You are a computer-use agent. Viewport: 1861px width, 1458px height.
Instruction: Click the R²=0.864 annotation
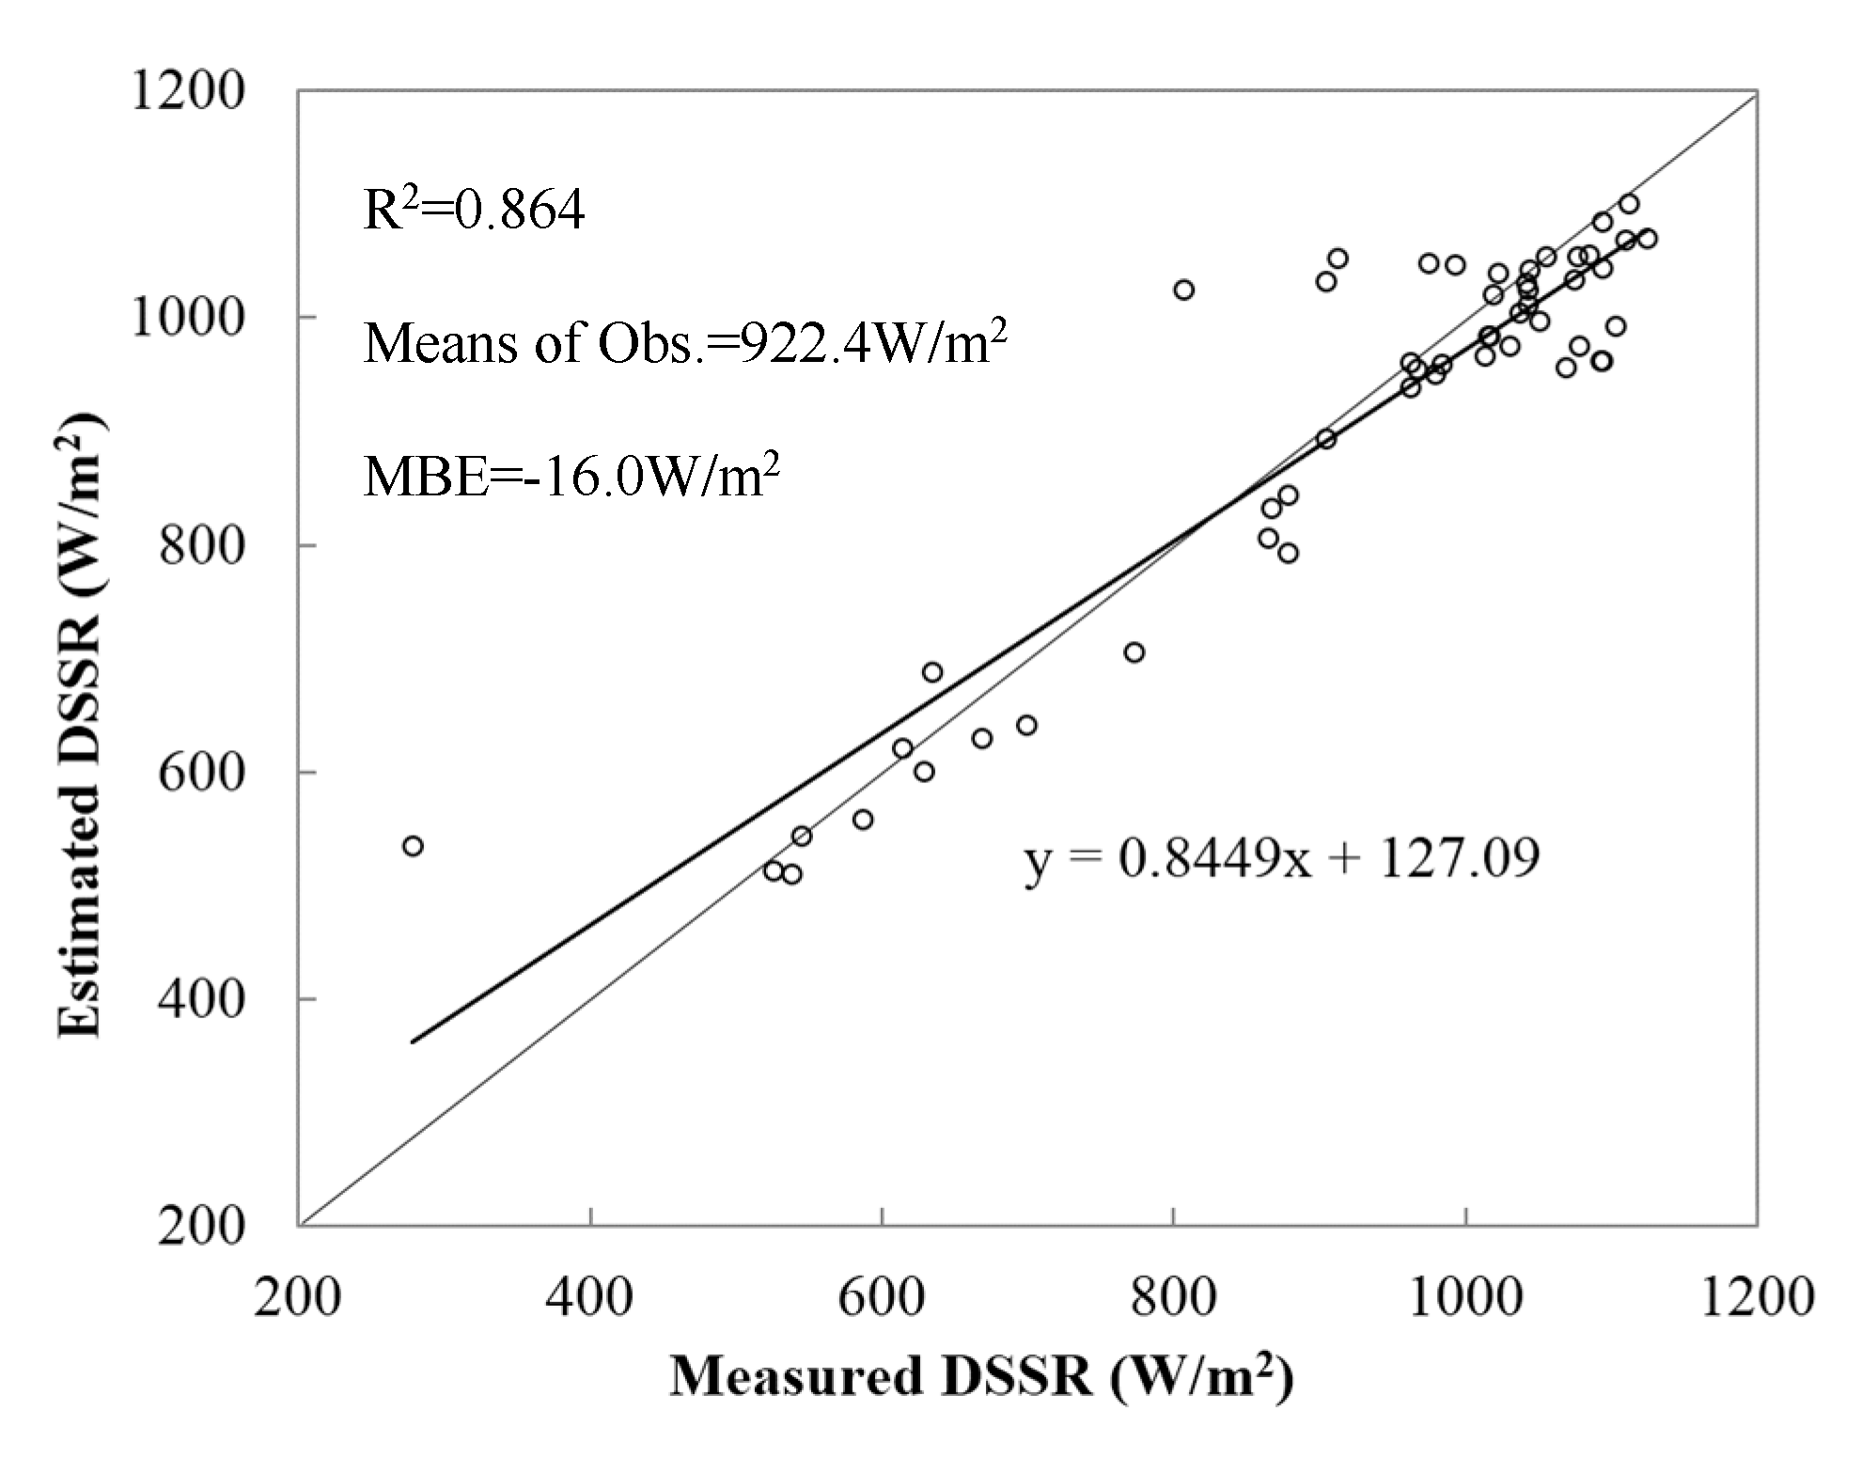[x=474, y=210]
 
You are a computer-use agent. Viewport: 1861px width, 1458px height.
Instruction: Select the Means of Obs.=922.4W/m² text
[x=685, y=342]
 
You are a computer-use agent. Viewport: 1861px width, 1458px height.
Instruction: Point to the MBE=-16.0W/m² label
[x=571, y=476]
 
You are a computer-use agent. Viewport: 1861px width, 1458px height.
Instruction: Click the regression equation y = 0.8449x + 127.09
[x=1281, y=858]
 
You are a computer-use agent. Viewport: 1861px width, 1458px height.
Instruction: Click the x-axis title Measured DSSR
[x=981, y=1376]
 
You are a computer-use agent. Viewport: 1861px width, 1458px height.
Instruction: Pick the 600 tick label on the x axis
[x=882, y=1298]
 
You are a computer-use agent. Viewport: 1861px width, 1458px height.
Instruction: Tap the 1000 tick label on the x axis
[x=1465, y=1298]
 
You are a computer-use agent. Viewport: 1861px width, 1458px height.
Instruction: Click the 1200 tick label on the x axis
[x=1757, y=1298]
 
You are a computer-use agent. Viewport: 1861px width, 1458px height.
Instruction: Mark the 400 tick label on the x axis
[x=590, y=1298]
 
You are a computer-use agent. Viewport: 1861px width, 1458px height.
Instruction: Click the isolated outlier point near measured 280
[x=413, y=846]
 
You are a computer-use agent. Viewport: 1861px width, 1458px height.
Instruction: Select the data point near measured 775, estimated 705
[x=1134, y=652]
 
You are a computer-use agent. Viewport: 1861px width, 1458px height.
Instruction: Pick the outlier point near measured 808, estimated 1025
[x=1184, y=290]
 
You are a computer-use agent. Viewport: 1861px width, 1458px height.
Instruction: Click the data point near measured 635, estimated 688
[x=932, y=672]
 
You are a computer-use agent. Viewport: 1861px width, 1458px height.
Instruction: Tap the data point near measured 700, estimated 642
[x=1026, y=725]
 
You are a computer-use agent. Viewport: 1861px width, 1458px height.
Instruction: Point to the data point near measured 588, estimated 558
[x=863, y=820]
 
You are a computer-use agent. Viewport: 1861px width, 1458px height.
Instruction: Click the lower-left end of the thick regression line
[x=414, y=1042]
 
